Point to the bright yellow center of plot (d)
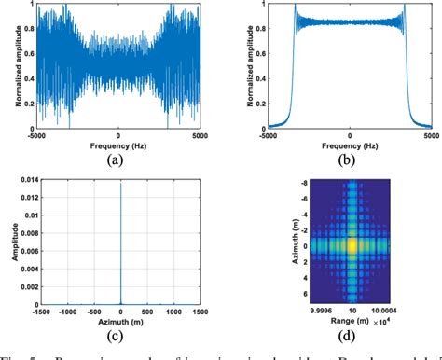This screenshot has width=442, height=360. coord(352,244)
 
